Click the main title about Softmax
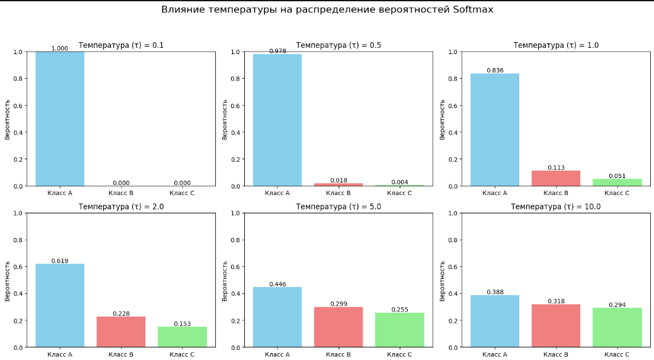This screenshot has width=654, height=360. click(327, 10)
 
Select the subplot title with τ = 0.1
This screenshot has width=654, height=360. click(121, 45)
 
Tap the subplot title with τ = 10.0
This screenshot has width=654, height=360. click(556, 206)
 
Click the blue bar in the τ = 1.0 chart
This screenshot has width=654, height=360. click(495, 130)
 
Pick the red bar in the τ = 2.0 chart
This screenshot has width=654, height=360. click(121, 332)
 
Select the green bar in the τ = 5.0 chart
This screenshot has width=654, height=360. click(400, 330)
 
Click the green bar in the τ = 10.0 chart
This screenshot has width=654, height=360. click(617, 327)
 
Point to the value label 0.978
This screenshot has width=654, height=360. click(278, 51)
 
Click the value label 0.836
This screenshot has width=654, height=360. click(495, 70)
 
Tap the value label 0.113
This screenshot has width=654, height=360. click(556, 167)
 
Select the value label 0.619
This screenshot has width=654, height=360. click(60, 261)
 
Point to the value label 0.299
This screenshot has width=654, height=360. click(339, 304)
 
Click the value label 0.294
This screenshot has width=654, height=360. click(617, 305)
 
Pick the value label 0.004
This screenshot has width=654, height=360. click(400, 183)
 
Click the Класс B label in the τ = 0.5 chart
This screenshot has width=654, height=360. click(339, 193)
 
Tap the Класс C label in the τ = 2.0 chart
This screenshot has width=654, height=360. click(182, 354)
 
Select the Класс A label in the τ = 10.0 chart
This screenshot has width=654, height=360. click(495, 354)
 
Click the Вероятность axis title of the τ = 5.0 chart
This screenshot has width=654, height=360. click(225, 280)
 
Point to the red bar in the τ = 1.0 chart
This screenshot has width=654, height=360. click(556, 178)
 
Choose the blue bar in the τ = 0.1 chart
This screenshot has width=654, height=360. click(60, 119)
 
